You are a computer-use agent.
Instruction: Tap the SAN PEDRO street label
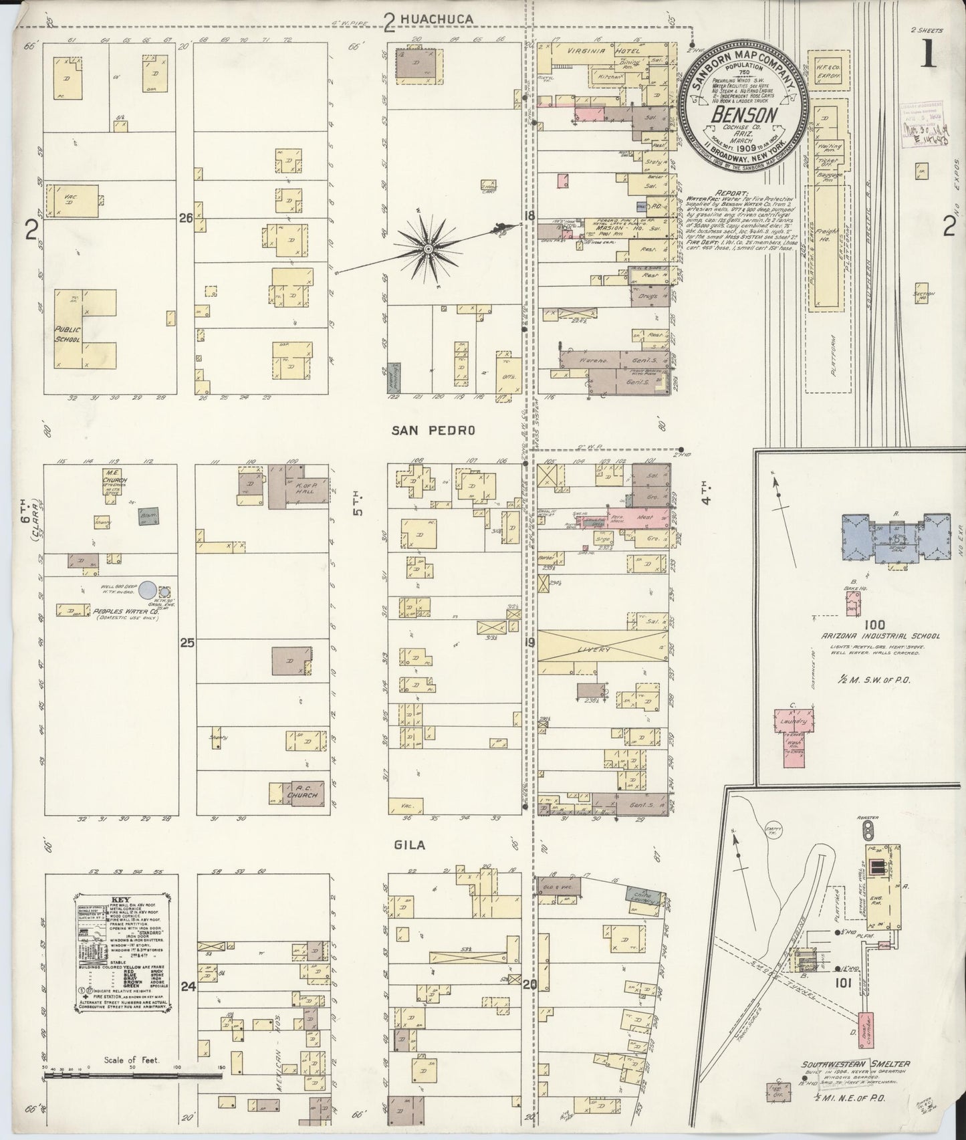(x=433, y=431)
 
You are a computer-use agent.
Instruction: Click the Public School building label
(x=67, y=334)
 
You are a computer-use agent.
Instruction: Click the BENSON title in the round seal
(x=744, y=114)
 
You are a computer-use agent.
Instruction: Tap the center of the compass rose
(x=427, y=249)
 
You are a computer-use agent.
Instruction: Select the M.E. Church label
(x=111, y=477)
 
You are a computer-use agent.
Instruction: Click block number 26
(x=186, y=217)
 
